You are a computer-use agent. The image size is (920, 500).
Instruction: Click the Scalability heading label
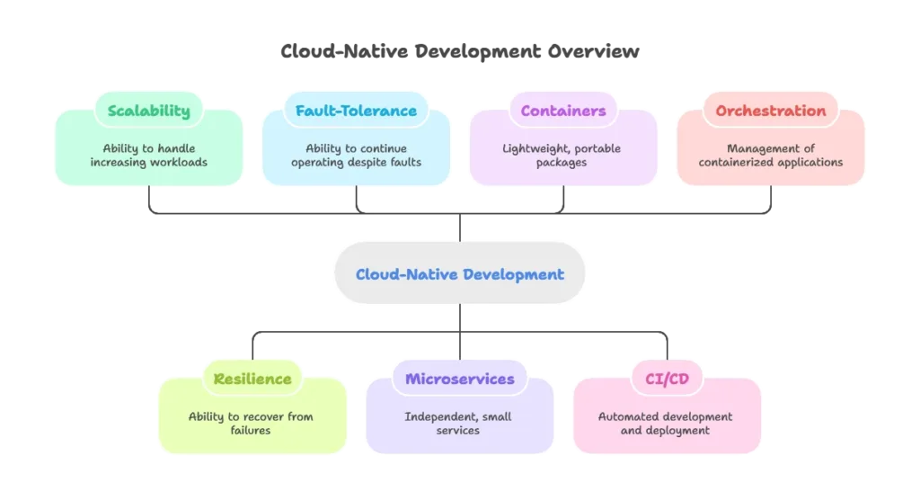tap(149, 112)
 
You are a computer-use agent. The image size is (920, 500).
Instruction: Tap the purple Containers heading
tap(563, 112)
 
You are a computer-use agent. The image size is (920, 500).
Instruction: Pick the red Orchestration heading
tap(770, 112)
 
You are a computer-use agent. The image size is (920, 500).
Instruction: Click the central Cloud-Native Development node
tap(460, 274)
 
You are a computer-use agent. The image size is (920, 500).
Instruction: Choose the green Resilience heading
tap(252, 379)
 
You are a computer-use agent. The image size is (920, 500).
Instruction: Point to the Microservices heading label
tap(460, 379)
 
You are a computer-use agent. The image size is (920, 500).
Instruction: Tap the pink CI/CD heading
tap(667, 379)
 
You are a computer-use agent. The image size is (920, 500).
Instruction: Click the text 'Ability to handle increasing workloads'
tap(149, 156)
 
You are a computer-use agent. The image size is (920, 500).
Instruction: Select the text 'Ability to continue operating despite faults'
tap(356, 156)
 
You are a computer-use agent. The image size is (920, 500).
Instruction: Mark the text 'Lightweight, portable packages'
tap(563, 156)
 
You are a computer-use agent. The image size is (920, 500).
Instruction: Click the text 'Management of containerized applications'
tap(770, 156)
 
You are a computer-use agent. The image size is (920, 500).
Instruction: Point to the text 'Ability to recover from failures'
tap(252, 424)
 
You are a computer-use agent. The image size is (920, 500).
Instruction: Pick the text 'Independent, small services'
tap(460, 424)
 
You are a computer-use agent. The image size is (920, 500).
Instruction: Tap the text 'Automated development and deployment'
tap(667, 424)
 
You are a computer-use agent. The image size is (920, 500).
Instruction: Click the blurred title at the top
tap(460, 52)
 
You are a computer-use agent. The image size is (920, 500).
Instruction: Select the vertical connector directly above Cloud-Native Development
tap(460, 228)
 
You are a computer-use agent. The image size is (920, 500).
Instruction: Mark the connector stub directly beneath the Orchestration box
tap(771, 201)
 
